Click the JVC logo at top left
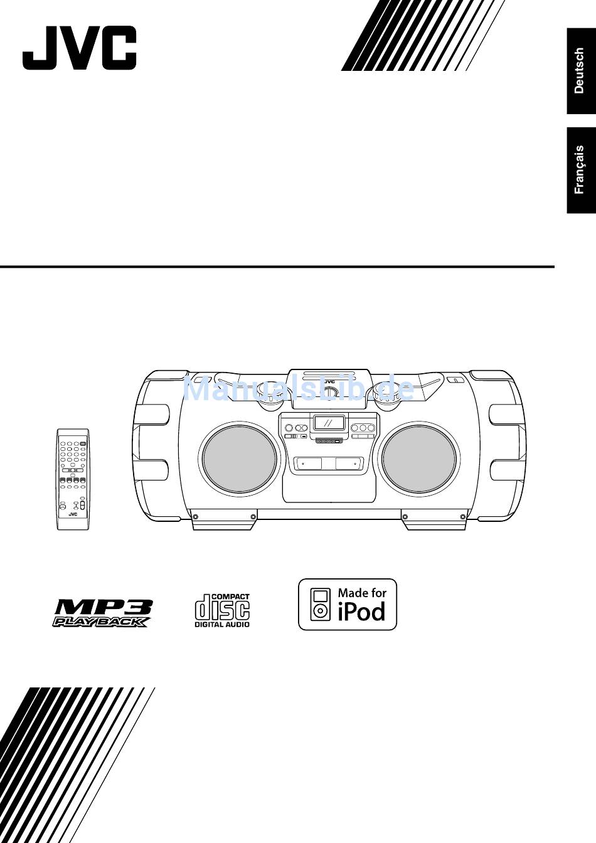[x=79, y=48]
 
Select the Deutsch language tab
[x=581, y=71]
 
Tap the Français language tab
[x=581, y=170]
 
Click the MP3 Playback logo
[x=102, y=613]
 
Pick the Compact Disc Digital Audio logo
[x=222, y=610]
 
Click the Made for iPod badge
[x=348, y=605]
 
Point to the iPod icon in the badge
[x=321, y=605]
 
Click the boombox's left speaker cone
[x=239, y=459]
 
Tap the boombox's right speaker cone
[x=418, y=459]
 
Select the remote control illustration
[x=73, y=479]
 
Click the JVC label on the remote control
[x=73, y=515]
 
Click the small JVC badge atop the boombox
[x=329, y=382]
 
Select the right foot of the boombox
[x=435, y=521]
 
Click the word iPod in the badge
[x=362, y=611]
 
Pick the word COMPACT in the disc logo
[x=230, y=597]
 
